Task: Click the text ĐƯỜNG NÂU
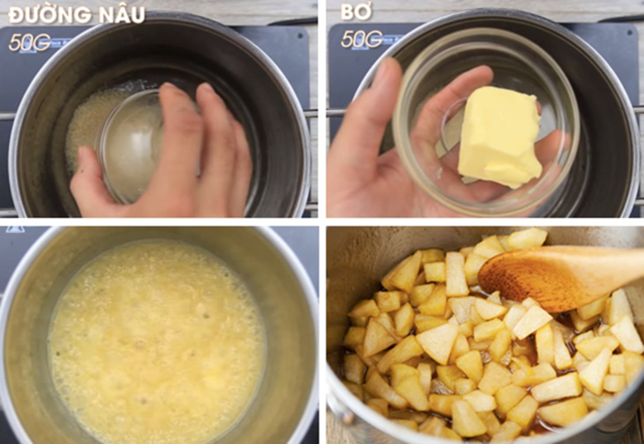point(76,14)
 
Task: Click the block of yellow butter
point(498,136)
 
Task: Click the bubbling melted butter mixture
point(157,339)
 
